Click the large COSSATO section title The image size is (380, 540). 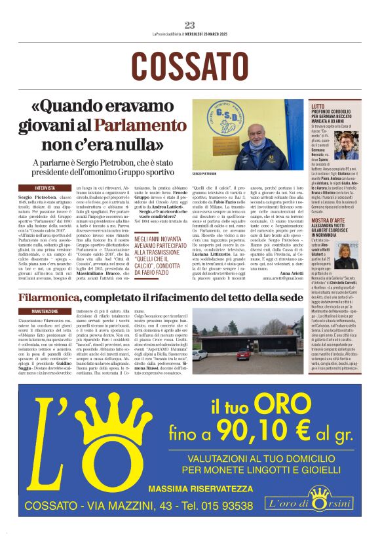pyautogui.click(x=190, y=66)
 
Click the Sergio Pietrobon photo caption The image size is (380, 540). pyautogui.click(x=204, y=175)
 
